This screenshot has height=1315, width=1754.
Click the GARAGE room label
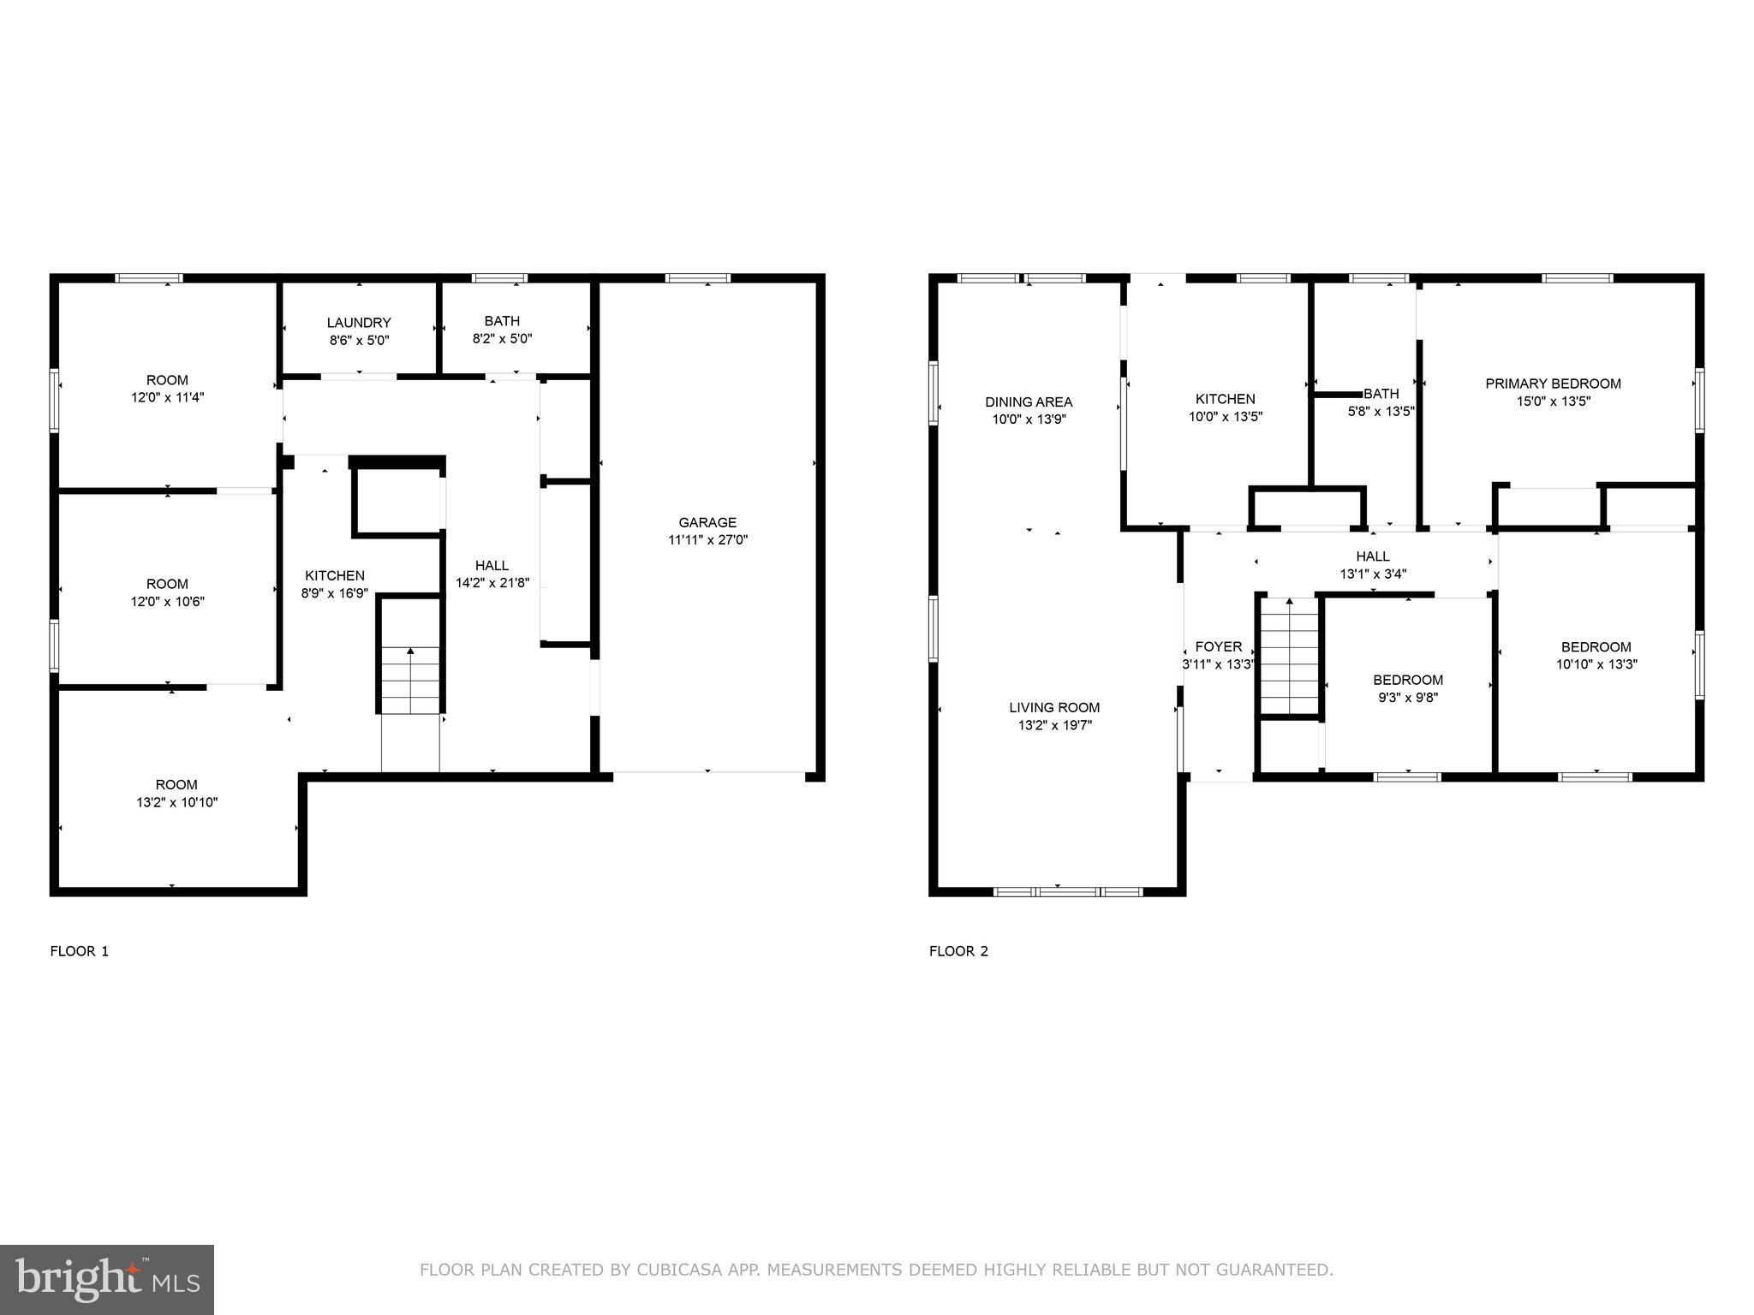(707, 522)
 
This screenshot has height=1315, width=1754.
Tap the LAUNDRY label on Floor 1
(359, 323)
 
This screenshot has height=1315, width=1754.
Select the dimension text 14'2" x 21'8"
(492, 583)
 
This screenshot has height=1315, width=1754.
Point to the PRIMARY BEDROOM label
(1553, 384)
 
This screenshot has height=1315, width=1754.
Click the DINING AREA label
(1029, 402)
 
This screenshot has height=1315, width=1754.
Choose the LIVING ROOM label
(1054, 707)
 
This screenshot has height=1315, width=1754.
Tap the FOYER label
(1218, 646)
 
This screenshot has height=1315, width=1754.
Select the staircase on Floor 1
(410, 680)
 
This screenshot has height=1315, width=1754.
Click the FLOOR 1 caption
(80, 951)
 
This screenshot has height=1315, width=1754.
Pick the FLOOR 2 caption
(958, 951)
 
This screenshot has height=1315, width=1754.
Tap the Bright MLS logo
(107, 1279)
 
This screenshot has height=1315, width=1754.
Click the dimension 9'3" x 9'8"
(1407, 698)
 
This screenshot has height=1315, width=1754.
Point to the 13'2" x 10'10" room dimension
(176, 803)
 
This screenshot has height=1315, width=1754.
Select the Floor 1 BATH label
(502, 321)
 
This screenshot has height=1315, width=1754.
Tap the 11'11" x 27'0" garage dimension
(707, 540)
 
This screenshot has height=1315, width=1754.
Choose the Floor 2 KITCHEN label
(1225, 399)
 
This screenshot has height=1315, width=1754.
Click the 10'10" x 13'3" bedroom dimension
(1596, 664)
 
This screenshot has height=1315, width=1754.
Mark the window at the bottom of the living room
(1067, 891)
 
